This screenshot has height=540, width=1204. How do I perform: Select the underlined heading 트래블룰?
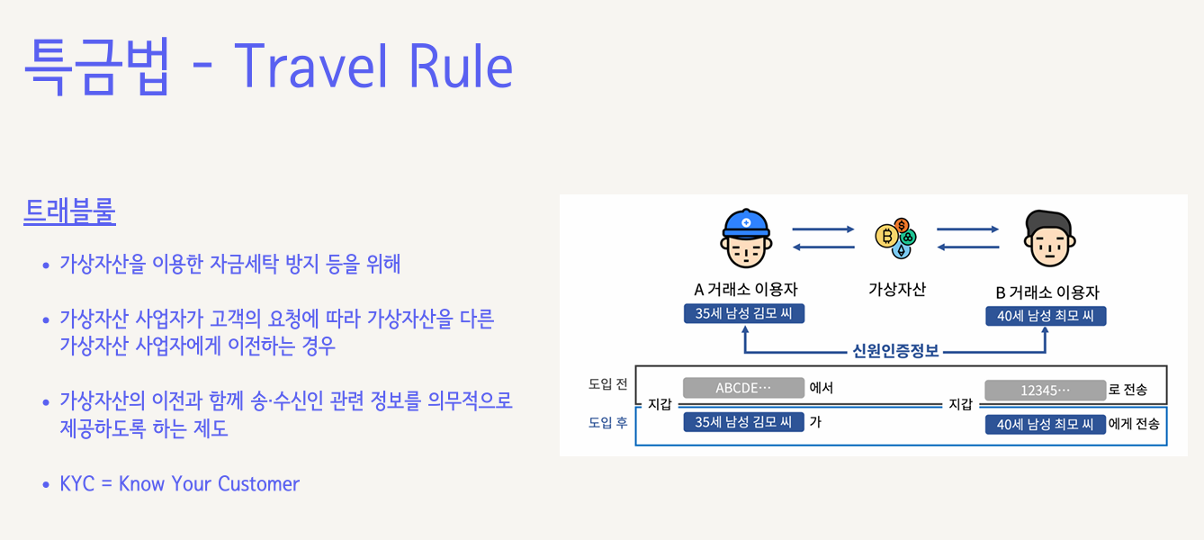point(69,212)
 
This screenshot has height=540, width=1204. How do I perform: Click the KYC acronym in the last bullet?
point(76,483)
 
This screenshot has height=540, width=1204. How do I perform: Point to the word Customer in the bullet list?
point(258,483)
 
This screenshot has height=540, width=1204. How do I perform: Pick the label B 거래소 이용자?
point(1047,292)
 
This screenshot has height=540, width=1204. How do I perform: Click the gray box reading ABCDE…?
point(743,388)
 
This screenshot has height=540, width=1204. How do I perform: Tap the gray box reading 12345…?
point(1045,391)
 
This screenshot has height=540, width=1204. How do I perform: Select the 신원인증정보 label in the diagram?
point(895,351)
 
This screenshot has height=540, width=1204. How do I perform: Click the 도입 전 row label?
point(608,383)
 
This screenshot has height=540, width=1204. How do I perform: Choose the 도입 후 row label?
point(608,422)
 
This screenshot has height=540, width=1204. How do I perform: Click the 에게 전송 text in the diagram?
point(1134,424)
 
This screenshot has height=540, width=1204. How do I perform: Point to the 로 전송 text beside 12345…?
point(1128,390)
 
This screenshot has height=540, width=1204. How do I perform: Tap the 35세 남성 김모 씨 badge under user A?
point(743,314)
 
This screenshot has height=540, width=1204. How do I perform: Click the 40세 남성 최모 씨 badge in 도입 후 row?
point(1045,424)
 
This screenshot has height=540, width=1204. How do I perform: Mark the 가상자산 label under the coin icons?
point(896,289)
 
